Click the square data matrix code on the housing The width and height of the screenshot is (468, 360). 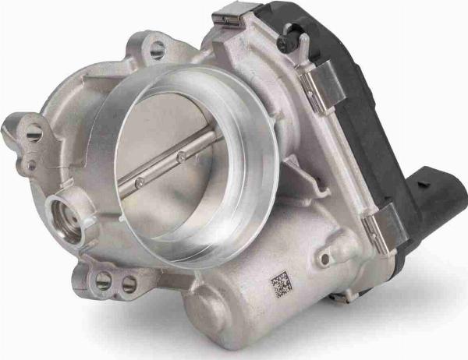tap(280, 284)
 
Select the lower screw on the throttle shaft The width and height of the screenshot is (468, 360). tap(140, 183)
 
